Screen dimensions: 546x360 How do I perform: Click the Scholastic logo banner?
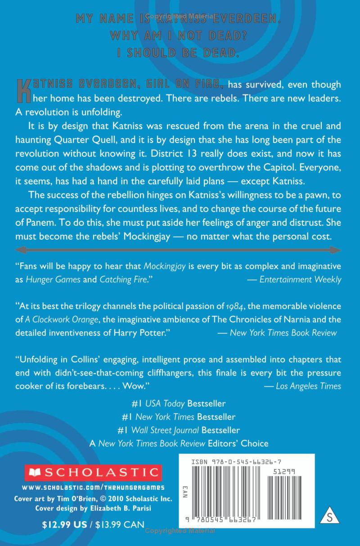(x=87, y=472)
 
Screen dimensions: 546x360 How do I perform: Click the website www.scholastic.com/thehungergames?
(x=93, y=487)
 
